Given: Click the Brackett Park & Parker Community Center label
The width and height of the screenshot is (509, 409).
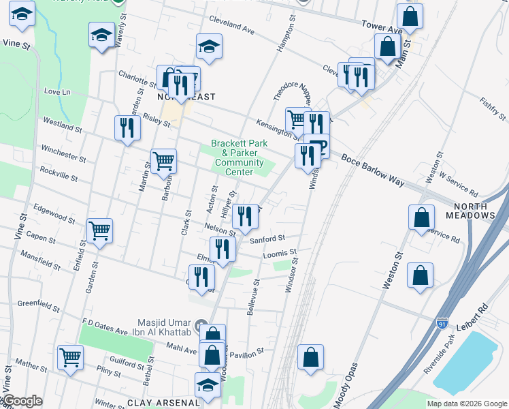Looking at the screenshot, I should pyautogui.click(x=237, y=157).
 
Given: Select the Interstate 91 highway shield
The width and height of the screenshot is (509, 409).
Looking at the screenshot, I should pyautogui.click(x=442, y=319).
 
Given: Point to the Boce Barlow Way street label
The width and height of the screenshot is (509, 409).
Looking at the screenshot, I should pyautogui.click(x=372, y=168).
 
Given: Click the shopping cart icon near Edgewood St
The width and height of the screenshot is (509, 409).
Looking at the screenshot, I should pyautogui.click(x=99, y=230).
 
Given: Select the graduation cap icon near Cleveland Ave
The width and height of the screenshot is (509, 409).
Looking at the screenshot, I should pyautogui.click(x=209, y=46).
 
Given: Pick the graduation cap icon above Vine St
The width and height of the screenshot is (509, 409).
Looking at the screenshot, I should pyautogui.click(x=23, y=14).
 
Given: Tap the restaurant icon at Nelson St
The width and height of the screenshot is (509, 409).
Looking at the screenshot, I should pyautogui.click(x=246, y=216).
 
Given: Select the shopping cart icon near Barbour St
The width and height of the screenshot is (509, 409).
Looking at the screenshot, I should pyautogui.click(x=163, y=162).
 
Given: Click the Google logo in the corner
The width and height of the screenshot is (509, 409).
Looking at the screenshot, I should pyautogui.click(x=22, y=402).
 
